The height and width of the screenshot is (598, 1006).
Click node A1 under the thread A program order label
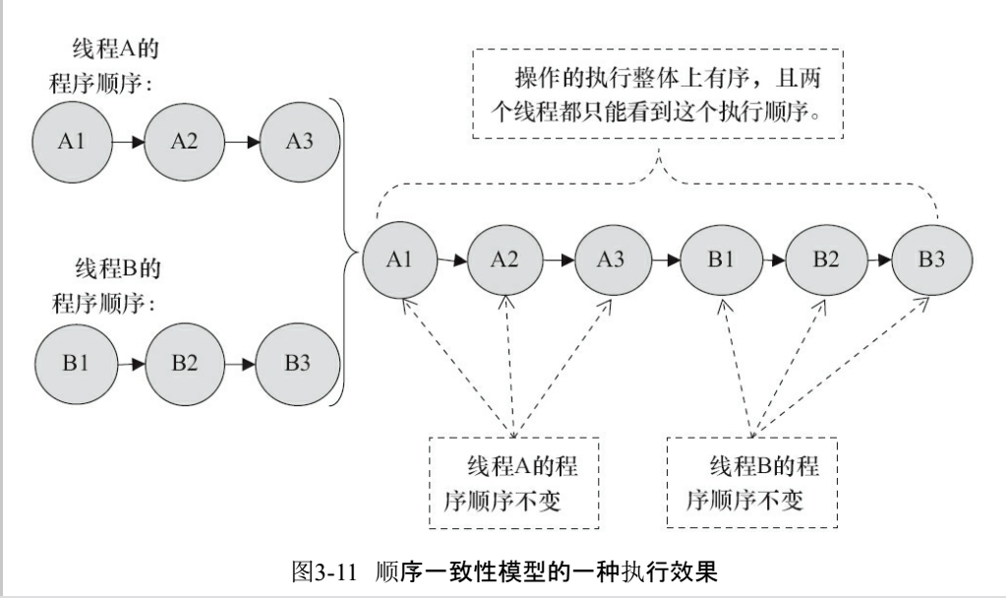point(71,142)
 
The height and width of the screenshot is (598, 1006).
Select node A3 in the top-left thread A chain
point(299,142)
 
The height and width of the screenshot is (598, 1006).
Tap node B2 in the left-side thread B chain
point(184,362)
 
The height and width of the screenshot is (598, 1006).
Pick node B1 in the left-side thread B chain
point(77,362)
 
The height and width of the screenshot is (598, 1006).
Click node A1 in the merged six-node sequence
point(398,261)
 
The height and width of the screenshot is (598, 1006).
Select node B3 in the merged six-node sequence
point(932,261)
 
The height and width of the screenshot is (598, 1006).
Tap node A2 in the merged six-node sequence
point(505,261)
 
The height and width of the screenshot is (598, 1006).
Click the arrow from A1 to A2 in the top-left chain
point(127,142)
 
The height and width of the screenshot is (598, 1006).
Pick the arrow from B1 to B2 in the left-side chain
point(130,362)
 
